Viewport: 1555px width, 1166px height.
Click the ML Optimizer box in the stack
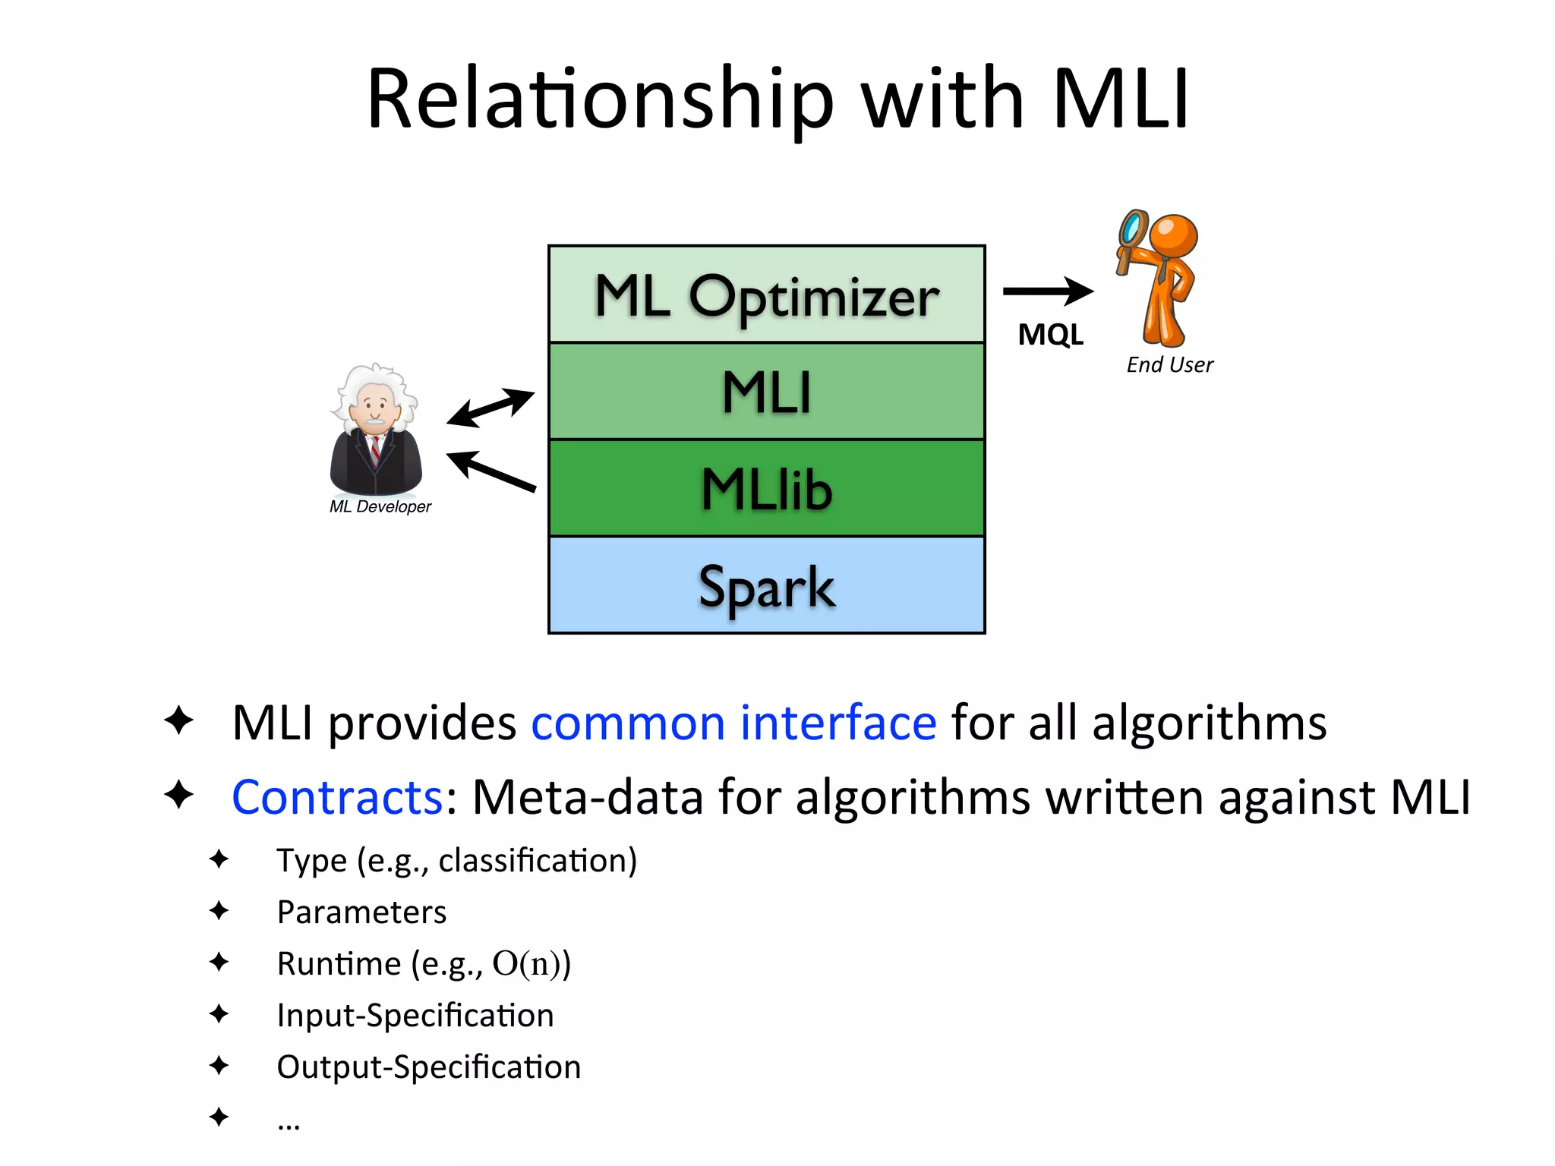tap(766, 295)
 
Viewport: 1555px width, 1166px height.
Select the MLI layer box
tap(766, 392)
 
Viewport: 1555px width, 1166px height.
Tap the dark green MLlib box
tap(766, 488)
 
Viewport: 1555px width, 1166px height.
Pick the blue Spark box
tap(766, 585)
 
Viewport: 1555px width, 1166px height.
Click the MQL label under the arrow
tap(1050, 335)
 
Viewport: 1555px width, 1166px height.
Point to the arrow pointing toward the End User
tap(1048, 291)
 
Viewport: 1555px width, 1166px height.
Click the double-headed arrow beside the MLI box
tap(490, 408)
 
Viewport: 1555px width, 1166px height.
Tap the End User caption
tap(1169, 365)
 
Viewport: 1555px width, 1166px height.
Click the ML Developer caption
tap(380, 506)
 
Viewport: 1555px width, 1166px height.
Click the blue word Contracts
tap(337, 797)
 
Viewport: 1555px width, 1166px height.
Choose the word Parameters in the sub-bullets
tap(361, 912)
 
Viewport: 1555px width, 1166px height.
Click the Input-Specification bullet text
tap(415, 1015)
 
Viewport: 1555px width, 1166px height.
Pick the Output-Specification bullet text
tap(428, 1067)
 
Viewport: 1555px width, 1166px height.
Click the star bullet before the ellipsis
tap(219, 1117)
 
